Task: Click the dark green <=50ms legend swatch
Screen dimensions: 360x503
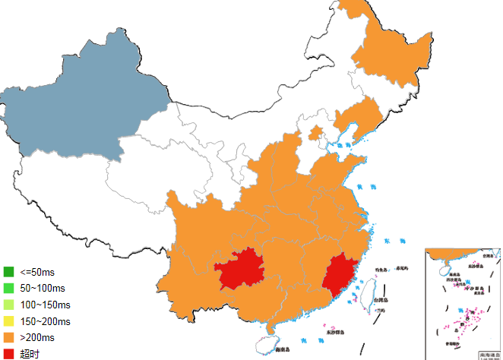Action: pos(9,272)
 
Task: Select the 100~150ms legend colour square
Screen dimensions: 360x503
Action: pos(9,305)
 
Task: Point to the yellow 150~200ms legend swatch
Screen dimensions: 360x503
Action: pos(9,321)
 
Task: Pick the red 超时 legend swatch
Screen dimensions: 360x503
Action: pos(9,354)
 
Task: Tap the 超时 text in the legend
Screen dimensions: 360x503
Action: pos(30,354)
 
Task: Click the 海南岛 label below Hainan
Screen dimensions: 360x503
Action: pos(283,349)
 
